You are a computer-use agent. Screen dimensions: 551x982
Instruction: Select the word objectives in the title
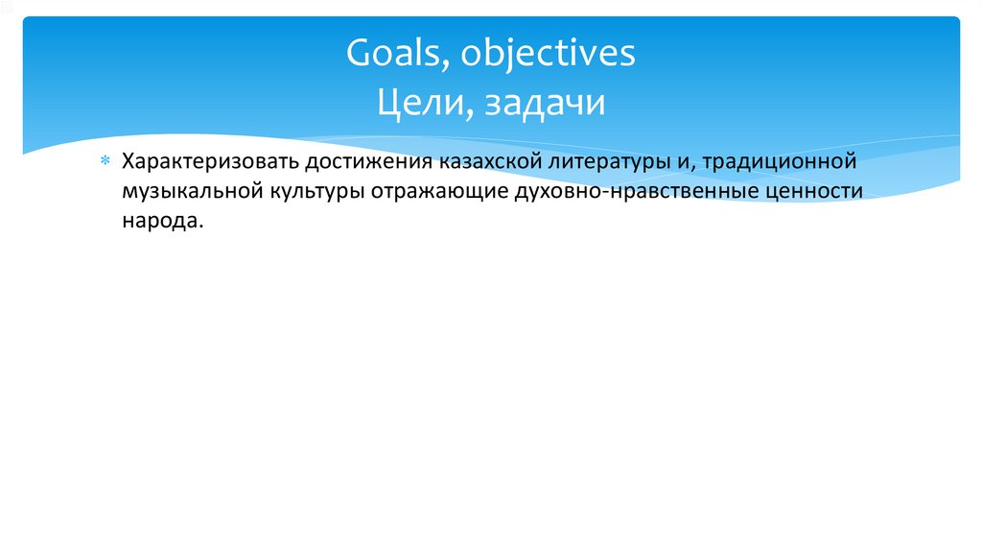(x=548, y=54)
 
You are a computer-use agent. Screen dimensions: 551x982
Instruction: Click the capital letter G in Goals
(x=359, y=54)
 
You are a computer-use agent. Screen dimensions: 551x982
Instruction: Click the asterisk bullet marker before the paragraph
(x=107, y=159)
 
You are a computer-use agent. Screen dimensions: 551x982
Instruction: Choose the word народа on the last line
(x=161, y=221)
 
